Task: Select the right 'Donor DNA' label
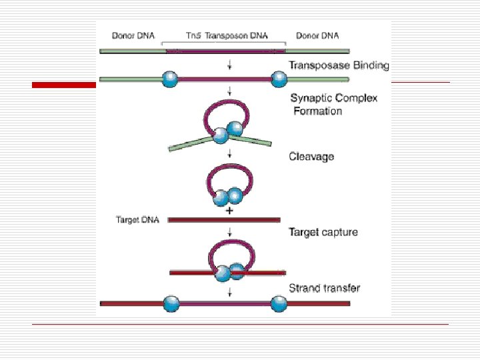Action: pos(317,35)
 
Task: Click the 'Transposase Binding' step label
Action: pos(339,65)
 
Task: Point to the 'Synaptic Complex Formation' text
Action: pos(334,105)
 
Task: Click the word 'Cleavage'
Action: pos(311,157)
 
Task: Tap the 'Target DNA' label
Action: pos(137,219)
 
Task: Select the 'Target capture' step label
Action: pos(323,232)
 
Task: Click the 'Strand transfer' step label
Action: pos(324,288)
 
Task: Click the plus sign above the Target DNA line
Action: pos(229,211)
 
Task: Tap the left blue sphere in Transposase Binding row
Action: pos(171,81)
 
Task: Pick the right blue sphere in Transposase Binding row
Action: pos(279,81)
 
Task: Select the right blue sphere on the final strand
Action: pos(279,303)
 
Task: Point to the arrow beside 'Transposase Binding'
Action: pos(229,65)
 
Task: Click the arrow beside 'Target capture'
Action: pos(229,232)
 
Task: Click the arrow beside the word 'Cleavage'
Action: pos(229,155)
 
